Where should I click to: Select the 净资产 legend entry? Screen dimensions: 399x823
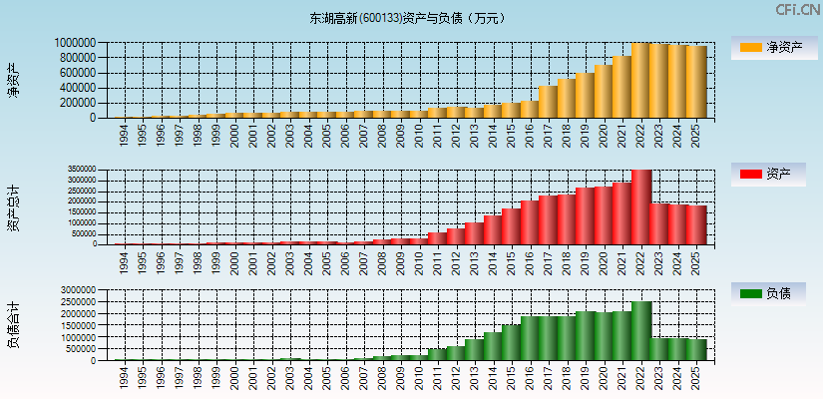point(775,47)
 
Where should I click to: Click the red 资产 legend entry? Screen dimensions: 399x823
point(775,175)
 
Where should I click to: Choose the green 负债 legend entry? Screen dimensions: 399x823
point(775,293)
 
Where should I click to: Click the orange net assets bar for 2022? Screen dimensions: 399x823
point(640,80)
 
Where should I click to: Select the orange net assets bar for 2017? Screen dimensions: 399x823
point(548,102)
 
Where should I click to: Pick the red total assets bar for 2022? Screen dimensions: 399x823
point(640,207)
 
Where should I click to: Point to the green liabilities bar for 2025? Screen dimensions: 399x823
point(696,350)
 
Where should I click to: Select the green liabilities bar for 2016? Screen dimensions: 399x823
point(530,339)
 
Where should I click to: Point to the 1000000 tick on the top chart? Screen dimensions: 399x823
point(76,43)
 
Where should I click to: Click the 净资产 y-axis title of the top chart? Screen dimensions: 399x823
point(13,80)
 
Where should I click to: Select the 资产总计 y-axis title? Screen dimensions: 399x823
point(13,207)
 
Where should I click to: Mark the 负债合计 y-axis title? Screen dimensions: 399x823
point(13,325)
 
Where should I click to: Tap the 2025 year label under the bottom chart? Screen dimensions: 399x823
point(696,380)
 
